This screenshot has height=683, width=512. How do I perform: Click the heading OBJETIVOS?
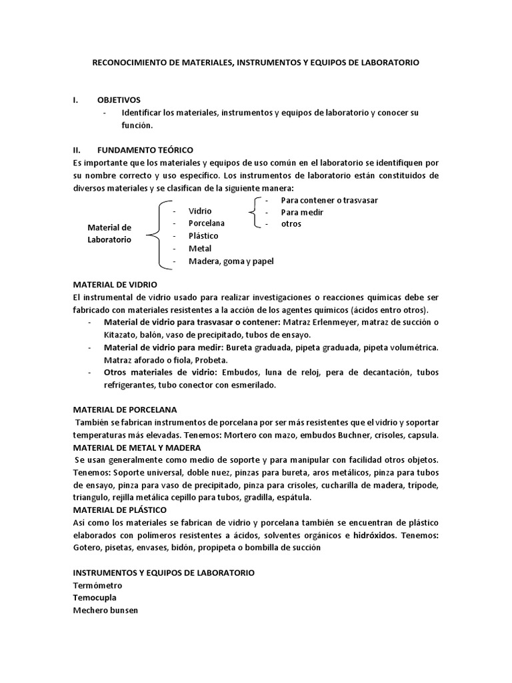119,99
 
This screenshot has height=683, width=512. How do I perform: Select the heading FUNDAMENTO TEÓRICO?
145,150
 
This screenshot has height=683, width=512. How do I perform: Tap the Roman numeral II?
76,150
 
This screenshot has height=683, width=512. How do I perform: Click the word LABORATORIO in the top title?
390,62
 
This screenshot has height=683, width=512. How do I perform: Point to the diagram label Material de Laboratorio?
109,233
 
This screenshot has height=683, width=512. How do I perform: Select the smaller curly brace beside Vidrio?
254,212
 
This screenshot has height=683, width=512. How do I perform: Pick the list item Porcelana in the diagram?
206,223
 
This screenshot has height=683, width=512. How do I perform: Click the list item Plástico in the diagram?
203,235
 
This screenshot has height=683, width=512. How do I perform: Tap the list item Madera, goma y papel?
231,261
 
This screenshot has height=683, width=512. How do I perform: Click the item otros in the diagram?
291,223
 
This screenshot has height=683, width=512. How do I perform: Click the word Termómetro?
97,586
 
